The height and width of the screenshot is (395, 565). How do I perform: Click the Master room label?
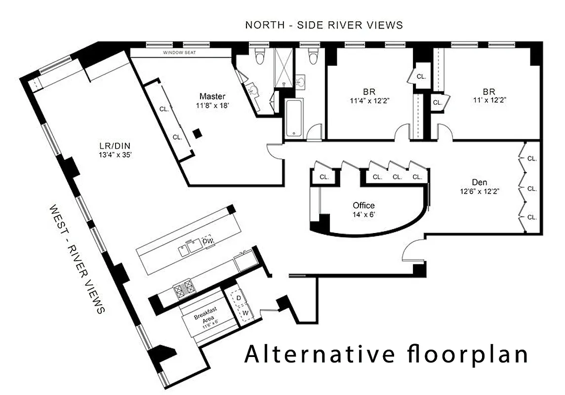click(x=212, y=96)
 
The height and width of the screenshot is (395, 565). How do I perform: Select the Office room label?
click(x=363, y=205)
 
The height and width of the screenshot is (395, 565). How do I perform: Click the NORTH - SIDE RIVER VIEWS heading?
click(x=324, y=25)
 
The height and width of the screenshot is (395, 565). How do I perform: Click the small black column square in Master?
click(x=197, y=133)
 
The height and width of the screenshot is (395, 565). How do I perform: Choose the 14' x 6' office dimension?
click(x=363, y=214)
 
